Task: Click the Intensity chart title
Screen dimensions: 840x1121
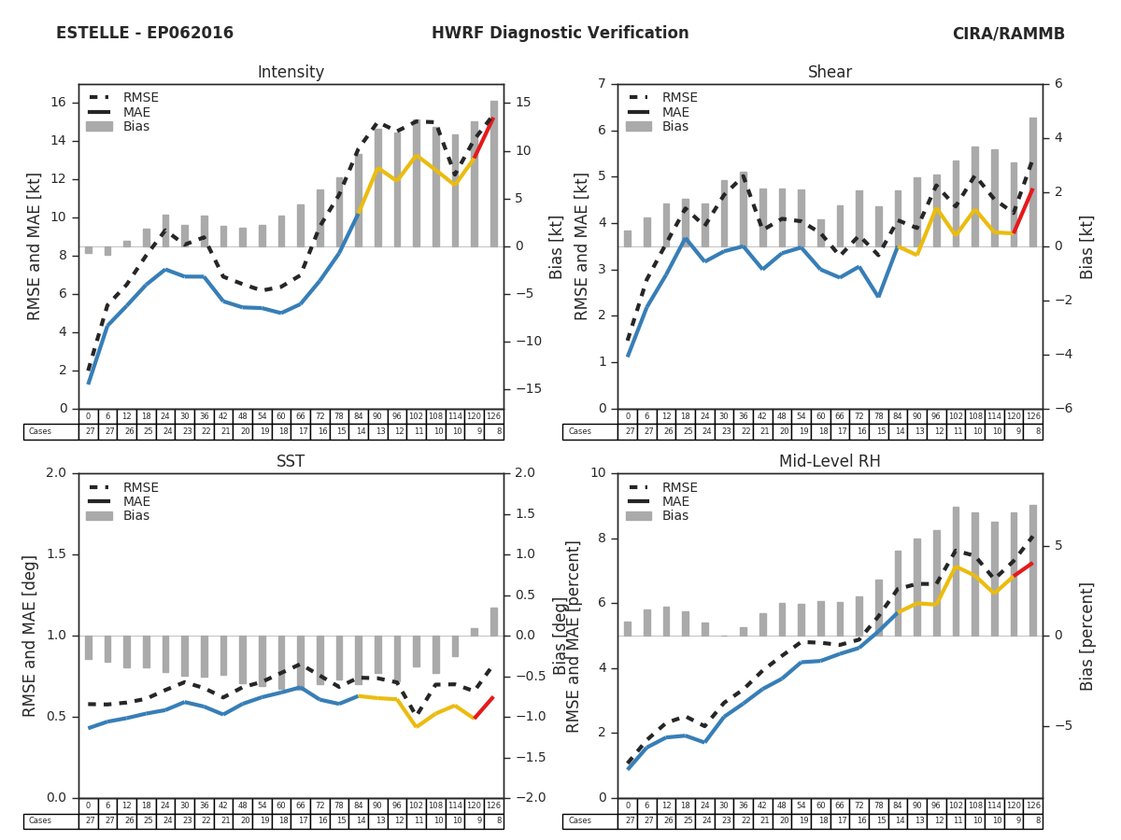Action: [x=291, y=73]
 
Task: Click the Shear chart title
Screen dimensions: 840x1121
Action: [x=830, y=73]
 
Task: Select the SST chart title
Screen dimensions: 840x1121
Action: [x=291, y=462]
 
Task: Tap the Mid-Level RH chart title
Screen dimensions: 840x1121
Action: [x=830, y=462]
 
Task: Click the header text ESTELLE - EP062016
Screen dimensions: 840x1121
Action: [x=145, y=34]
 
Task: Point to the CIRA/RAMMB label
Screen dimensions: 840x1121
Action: [x=1008, y=34]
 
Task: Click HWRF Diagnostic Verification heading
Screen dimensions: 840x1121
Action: [x=560, y=34]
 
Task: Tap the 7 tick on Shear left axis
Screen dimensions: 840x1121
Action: [x=602, y=85]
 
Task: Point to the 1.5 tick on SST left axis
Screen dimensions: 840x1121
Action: [x=56, y=554]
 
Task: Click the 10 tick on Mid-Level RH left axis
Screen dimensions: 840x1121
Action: [x=598, y=473]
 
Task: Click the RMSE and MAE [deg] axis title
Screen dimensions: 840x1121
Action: [x=31, y=636]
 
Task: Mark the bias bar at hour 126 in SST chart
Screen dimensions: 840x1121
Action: [x=493, y=622]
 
